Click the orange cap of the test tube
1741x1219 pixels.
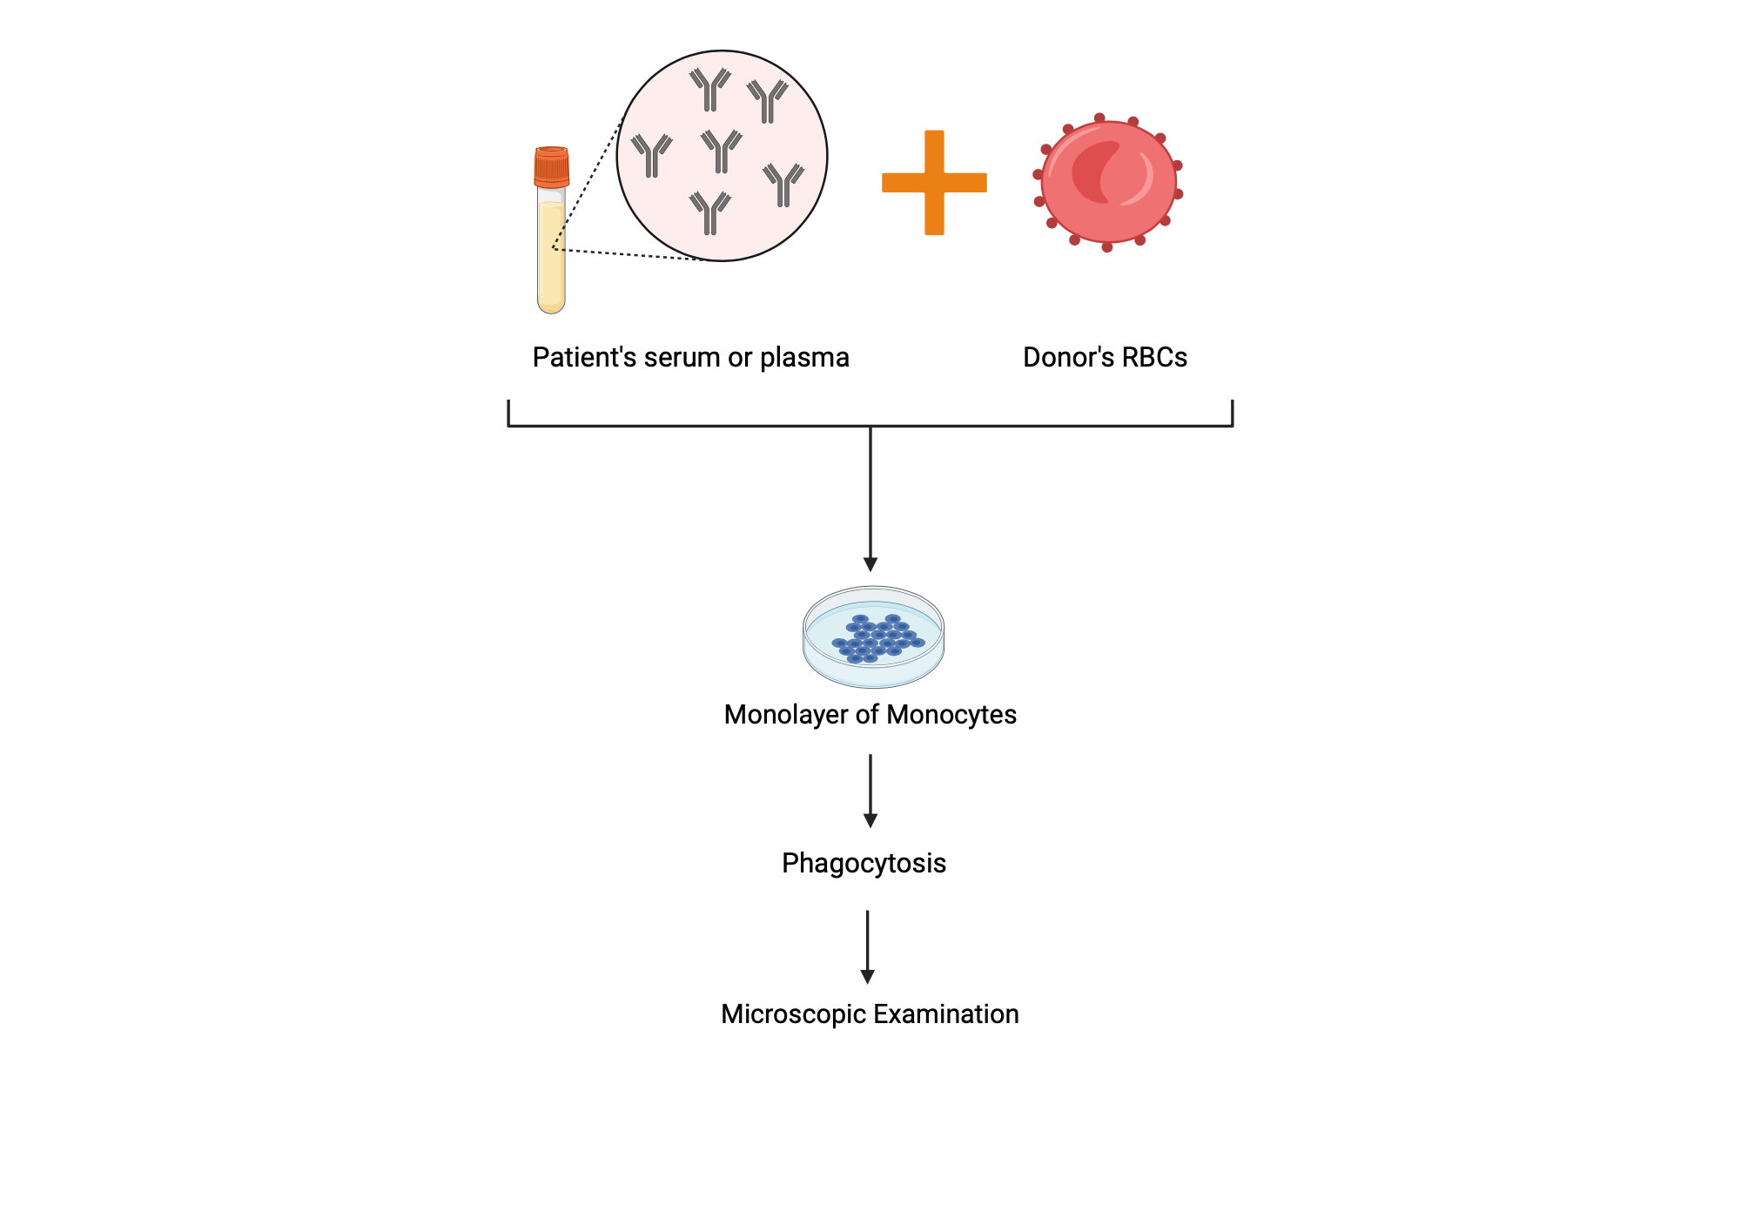[x=551, y=166]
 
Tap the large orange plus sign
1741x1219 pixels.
[x=934, y=183]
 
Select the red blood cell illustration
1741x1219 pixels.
[x=1108, y=182]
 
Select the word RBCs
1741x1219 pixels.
[x=1154, y=357]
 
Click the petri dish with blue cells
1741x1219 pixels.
[x=873, y=637]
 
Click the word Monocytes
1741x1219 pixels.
[x=951, y=714]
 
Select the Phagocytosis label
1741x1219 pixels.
[x=864, y=863]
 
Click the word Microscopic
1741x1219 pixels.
[x=793, y=1014]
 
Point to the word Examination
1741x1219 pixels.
[x=945, y=1014]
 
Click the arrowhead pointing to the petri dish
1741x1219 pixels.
[x=870, y=564]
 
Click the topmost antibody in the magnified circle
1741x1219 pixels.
[x=710, y=90]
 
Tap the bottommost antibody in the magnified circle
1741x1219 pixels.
[x=710, y=213]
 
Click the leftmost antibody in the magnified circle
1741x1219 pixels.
[x=652, y=155]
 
